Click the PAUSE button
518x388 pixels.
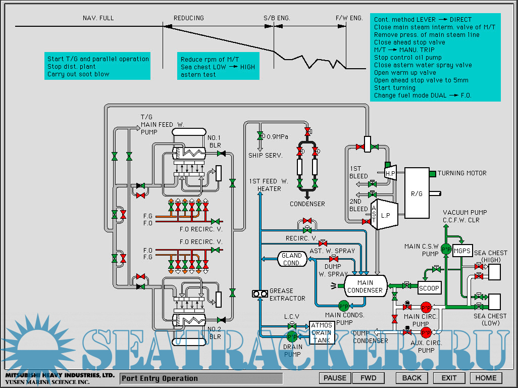tap(335, 378)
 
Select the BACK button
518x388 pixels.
tap(412, 378)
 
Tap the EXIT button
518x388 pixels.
tap(449, 378)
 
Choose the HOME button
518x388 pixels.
tap(486, 378)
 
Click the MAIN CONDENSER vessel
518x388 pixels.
tap(365, 286)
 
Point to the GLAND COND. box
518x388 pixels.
tap(292, 259)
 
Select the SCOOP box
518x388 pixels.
tap(430, 288)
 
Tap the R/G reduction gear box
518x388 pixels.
tap(417, 192)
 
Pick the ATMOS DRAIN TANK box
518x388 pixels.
tap(322, 332)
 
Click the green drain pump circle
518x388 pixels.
tap(292, 336)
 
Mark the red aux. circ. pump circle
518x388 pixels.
tap(426, 332)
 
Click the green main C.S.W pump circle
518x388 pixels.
tap(446, 249)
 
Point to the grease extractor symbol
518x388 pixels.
tap(260, 294)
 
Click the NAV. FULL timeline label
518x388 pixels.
tap(98, 18)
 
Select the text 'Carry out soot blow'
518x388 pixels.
tap(78, 74)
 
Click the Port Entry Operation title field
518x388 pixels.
tap(201, 378)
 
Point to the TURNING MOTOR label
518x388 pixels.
tap(462, 173)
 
